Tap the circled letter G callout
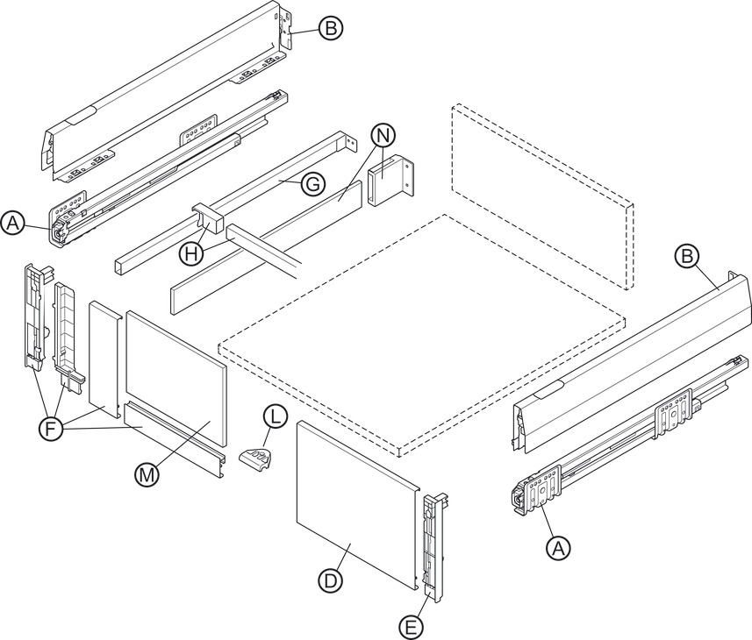click(x=312, y=184)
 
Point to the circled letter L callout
click(x=275, y=417)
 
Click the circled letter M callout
click(x=146, y=474)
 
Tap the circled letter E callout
click(x=409, y=626)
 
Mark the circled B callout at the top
click(x=330, y=29)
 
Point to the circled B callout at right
click(x=687, y=256)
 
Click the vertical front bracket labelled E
click(x=435, y=544)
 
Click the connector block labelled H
click(x=204, y=219)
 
